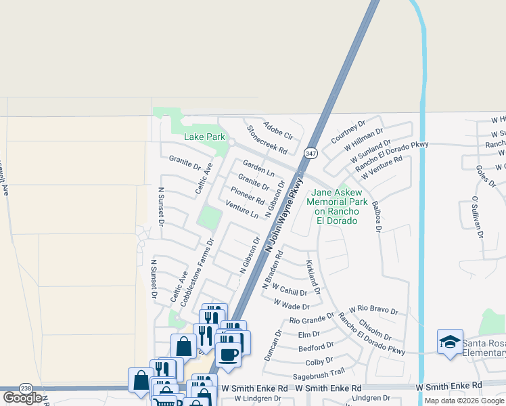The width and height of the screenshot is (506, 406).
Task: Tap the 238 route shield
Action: (x=26, y=388)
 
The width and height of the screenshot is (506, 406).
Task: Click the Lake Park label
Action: (x=205, y=137)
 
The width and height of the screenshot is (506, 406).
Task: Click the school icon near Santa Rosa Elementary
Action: (x=450, y=343)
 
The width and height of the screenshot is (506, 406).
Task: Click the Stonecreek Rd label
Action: (x=267, y=139)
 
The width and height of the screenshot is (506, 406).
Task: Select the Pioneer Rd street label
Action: (x=248, y=196)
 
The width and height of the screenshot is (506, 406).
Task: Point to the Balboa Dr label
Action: (x=376, y=215)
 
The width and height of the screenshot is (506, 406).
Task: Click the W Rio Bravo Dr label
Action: (x=373, y=310)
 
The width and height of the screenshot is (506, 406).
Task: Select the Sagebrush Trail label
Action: (x=319, y=372)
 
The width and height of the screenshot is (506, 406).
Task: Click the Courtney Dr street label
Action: (x=348, y=131)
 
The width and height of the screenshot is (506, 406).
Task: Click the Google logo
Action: (x=22, y=398)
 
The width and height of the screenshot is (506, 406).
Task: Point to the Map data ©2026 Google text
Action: (x=463, y=401)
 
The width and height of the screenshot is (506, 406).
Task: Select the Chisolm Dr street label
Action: (x=376, y=330)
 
